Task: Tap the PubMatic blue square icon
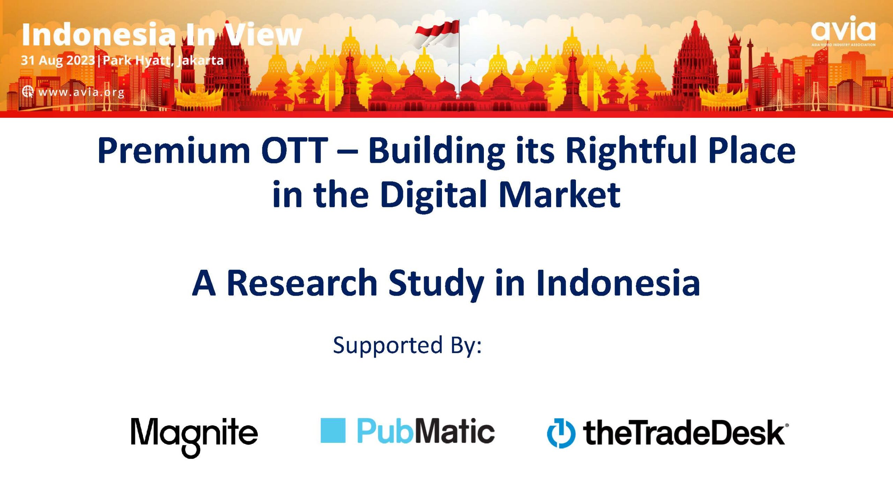point(333,430)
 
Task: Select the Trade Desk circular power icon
point(561,433)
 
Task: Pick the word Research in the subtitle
point(302,282)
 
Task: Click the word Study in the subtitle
point(436,283)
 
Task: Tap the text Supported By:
point(407,345)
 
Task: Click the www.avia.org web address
point(81,92)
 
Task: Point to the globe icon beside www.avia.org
point(28,92)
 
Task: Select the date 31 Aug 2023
point(58,60)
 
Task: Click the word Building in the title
point(436,151)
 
